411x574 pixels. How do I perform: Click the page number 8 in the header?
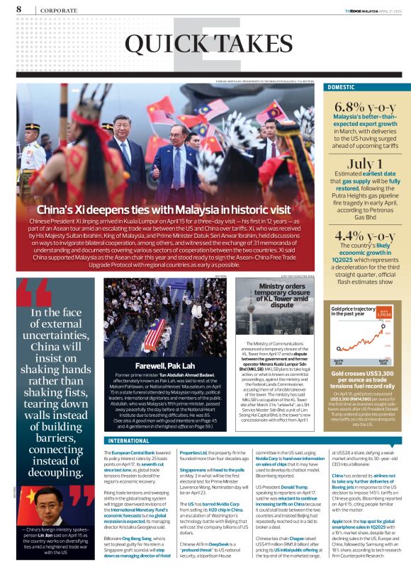pyautogui.click(x=18, y=9)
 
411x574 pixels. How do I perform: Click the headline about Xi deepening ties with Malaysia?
pyautogui.click(x=163, y=210)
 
